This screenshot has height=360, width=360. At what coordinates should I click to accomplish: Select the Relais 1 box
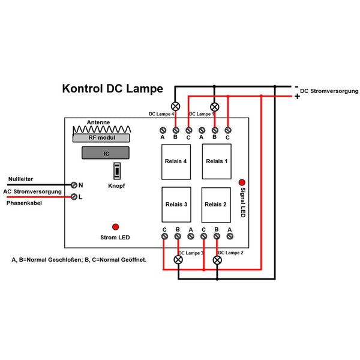coord(217,161)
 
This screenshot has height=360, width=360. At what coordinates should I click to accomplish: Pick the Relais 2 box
coord(217,205)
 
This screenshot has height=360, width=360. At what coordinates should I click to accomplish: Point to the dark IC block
coord(106,154)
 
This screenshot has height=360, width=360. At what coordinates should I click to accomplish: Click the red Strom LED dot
coord(115,226)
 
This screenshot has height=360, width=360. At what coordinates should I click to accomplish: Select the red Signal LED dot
coord(242,182)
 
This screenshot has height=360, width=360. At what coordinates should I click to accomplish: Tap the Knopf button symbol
coord(118,171)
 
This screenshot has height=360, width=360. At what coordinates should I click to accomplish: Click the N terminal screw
coord(74,185)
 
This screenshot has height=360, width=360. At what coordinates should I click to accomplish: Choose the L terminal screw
coord(74,196)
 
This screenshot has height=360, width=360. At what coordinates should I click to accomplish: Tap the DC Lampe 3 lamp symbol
coord(178,260)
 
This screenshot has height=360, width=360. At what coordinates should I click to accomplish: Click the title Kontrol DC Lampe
coord(112,89)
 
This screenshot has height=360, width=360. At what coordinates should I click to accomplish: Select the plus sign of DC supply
coord(296,96)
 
